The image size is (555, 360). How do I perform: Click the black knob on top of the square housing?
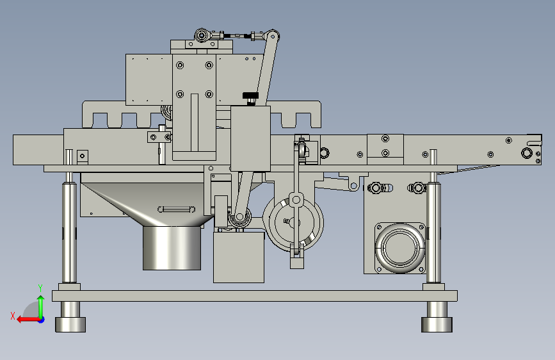(250, 95)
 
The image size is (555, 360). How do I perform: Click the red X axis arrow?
(28, 320)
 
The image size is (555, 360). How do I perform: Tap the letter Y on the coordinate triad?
(40, 288)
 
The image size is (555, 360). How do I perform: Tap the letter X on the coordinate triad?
(13, 316)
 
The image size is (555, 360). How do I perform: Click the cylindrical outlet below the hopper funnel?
(172, 248)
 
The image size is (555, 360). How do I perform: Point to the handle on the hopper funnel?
(176, 209)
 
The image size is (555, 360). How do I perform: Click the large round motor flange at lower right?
(400, 248)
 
